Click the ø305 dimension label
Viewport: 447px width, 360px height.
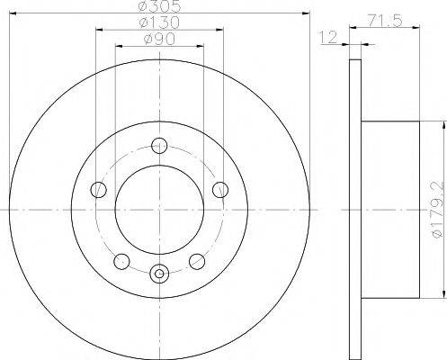coord(159,6)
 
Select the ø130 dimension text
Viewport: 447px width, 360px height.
coord(159,23)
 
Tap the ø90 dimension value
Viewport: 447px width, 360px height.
coord(159,40)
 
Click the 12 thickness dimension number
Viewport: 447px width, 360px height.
coord(330,38)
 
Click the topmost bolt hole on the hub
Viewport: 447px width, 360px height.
coord(160,144)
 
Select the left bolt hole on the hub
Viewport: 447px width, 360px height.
coord(100,189)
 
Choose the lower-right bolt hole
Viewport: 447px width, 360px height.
coord(199,260)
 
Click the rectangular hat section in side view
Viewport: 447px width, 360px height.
coord(390,209)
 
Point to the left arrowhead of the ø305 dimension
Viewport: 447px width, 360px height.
coord(13,14)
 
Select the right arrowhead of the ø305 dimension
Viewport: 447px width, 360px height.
coord(307,14)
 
